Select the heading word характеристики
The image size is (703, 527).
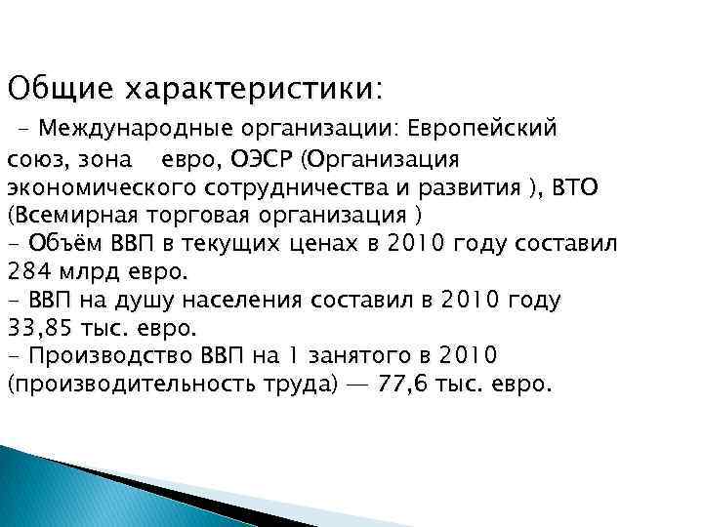248,89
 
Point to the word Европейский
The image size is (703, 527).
482,129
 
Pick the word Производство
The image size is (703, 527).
108,356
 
